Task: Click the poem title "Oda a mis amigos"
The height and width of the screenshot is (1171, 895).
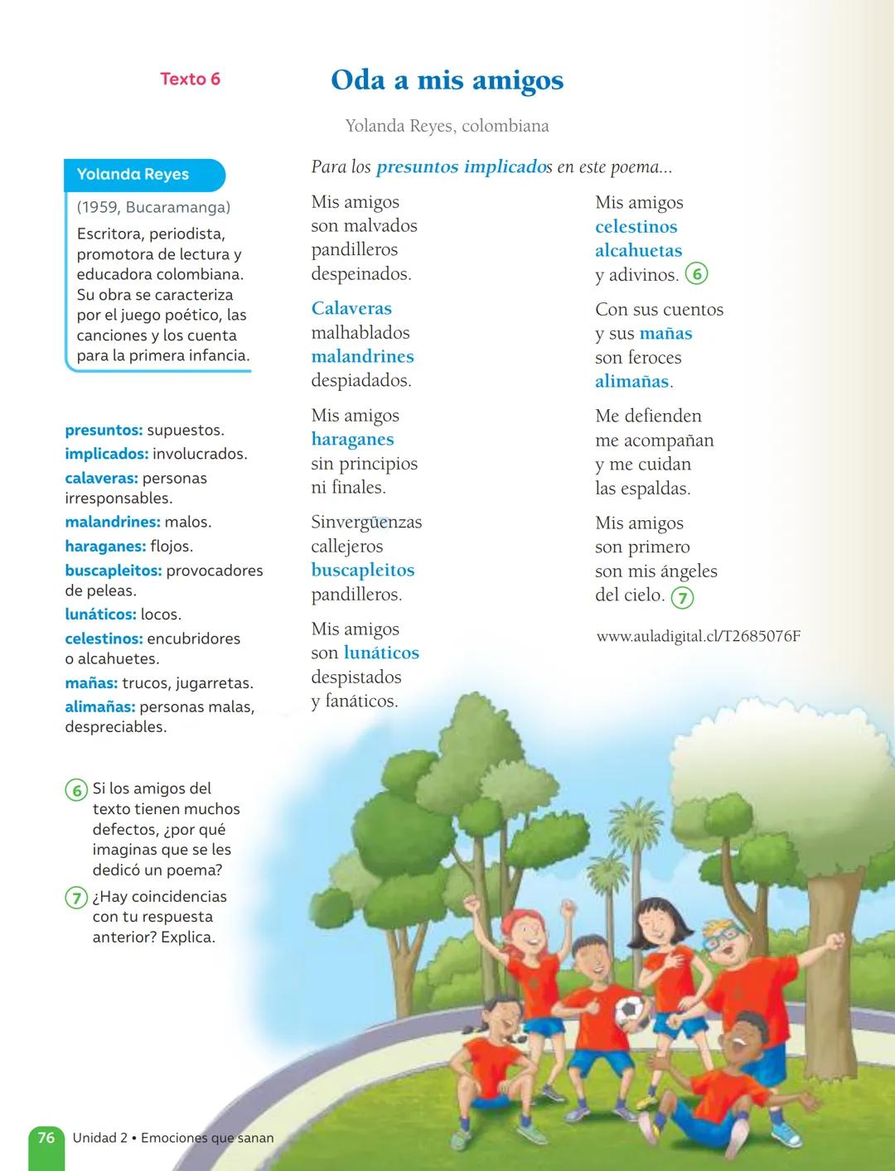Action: click(447, 80)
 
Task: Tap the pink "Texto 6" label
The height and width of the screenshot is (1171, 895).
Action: click(190, 80)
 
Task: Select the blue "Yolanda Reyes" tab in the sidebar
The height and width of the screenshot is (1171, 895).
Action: click(133, 175)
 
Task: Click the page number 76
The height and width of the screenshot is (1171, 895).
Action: click(46, 1138)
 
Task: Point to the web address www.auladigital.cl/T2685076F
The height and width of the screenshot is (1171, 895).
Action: click(698, 637)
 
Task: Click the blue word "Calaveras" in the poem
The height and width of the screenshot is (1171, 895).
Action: click(351, 309)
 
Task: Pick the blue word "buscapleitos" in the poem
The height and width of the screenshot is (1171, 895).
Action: click(363, 571)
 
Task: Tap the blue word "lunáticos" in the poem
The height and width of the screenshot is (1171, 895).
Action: click(381, 653)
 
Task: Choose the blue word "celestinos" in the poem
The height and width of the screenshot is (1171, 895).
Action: click(636, 227)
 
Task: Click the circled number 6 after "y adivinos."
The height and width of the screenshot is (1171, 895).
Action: click(696, 275)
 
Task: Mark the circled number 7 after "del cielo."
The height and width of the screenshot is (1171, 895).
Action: click(682, 597)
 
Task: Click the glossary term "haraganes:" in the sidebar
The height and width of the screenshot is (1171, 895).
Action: click(105, 547)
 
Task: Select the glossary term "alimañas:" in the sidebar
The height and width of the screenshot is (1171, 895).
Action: click(99, 707)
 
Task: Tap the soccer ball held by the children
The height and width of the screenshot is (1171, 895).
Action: click(630, 1010)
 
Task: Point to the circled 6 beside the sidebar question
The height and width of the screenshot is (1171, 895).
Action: click(76, 790)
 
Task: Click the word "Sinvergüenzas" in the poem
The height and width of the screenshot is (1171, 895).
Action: click(366, 523)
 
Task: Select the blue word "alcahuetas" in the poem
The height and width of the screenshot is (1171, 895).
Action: click(638, 251)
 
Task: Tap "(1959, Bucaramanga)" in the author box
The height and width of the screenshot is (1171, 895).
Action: click(153, 208)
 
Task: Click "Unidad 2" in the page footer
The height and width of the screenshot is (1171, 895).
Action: click(99, 1138)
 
